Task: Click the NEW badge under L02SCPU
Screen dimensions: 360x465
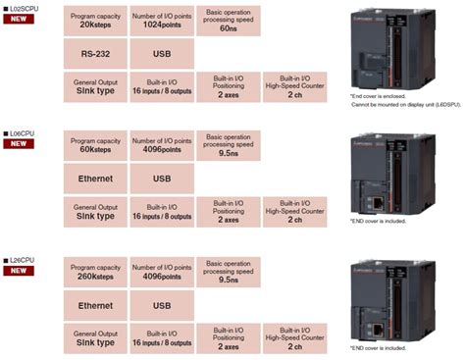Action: pyautogui.click(x=19, y=19)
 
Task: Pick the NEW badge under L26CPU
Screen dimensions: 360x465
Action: pyautogui.click(x=19, y=270)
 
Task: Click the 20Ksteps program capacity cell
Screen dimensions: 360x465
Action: pyautogui.click(x=95, y=20)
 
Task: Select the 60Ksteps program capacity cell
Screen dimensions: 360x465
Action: pyautogui.click(x=95, y=145)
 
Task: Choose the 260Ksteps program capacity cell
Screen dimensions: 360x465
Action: pyautogui.click(x=95, y=272)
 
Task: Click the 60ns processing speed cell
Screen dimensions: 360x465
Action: pyautogui.click(x=229, y=20)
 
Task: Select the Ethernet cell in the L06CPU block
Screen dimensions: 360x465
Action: pyautogui.click(x=95, y=179)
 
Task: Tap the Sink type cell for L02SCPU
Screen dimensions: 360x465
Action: pyautogui.click(x=95, y=87)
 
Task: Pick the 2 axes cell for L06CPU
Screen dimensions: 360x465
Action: pyautogui.click(x=229, y=213)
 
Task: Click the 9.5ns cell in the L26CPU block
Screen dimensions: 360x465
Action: pyautogui.click(x=229, y=272)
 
